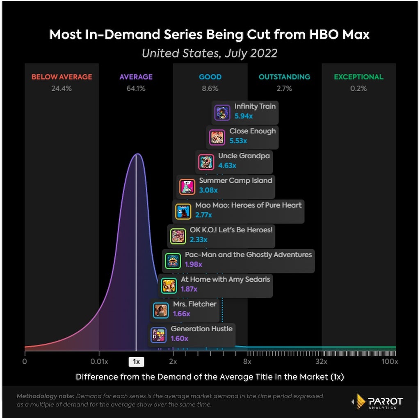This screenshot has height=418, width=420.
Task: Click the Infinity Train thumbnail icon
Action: [x=222, y=113]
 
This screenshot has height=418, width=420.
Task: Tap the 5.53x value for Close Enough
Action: [x=238, y=141]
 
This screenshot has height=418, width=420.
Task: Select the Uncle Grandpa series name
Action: [x=244, y=156]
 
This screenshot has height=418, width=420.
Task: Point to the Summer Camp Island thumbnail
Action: [x=187, y=187]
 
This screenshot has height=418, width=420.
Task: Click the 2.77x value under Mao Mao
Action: [x=203, y=215]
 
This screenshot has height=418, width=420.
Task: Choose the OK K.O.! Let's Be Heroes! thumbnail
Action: [x=178, y=236]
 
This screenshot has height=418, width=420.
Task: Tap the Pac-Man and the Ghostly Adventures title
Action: [x=249, y=255]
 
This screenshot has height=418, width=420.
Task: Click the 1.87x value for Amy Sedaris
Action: [x=189, y=289]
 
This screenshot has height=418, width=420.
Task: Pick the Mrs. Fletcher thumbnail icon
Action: [x=161, y=310]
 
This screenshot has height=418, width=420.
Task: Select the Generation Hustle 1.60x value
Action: [x=180, y=339]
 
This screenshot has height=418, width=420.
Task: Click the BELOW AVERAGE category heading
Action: [x=62, y=77]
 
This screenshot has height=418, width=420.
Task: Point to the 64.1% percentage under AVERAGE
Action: [x=136, y=88]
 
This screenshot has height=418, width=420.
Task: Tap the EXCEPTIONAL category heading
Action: [x=358, y=77]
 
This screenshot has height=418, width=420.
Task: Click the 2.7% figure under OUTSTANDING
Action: [x=285, y=88]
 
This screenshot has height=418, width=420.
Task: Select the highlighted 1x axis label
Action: [x=136, y=362]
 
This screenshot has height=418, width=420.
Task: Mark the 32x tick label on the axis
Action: [x=322, y=362]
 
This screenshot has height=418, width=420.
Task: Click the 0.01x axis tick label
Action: [x=99, y=362]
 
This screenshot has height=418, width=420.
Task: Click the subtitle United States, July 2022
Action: [x=210, y=53]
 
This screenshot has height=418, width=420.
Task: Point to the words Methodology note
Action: [x=46, y=396]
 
